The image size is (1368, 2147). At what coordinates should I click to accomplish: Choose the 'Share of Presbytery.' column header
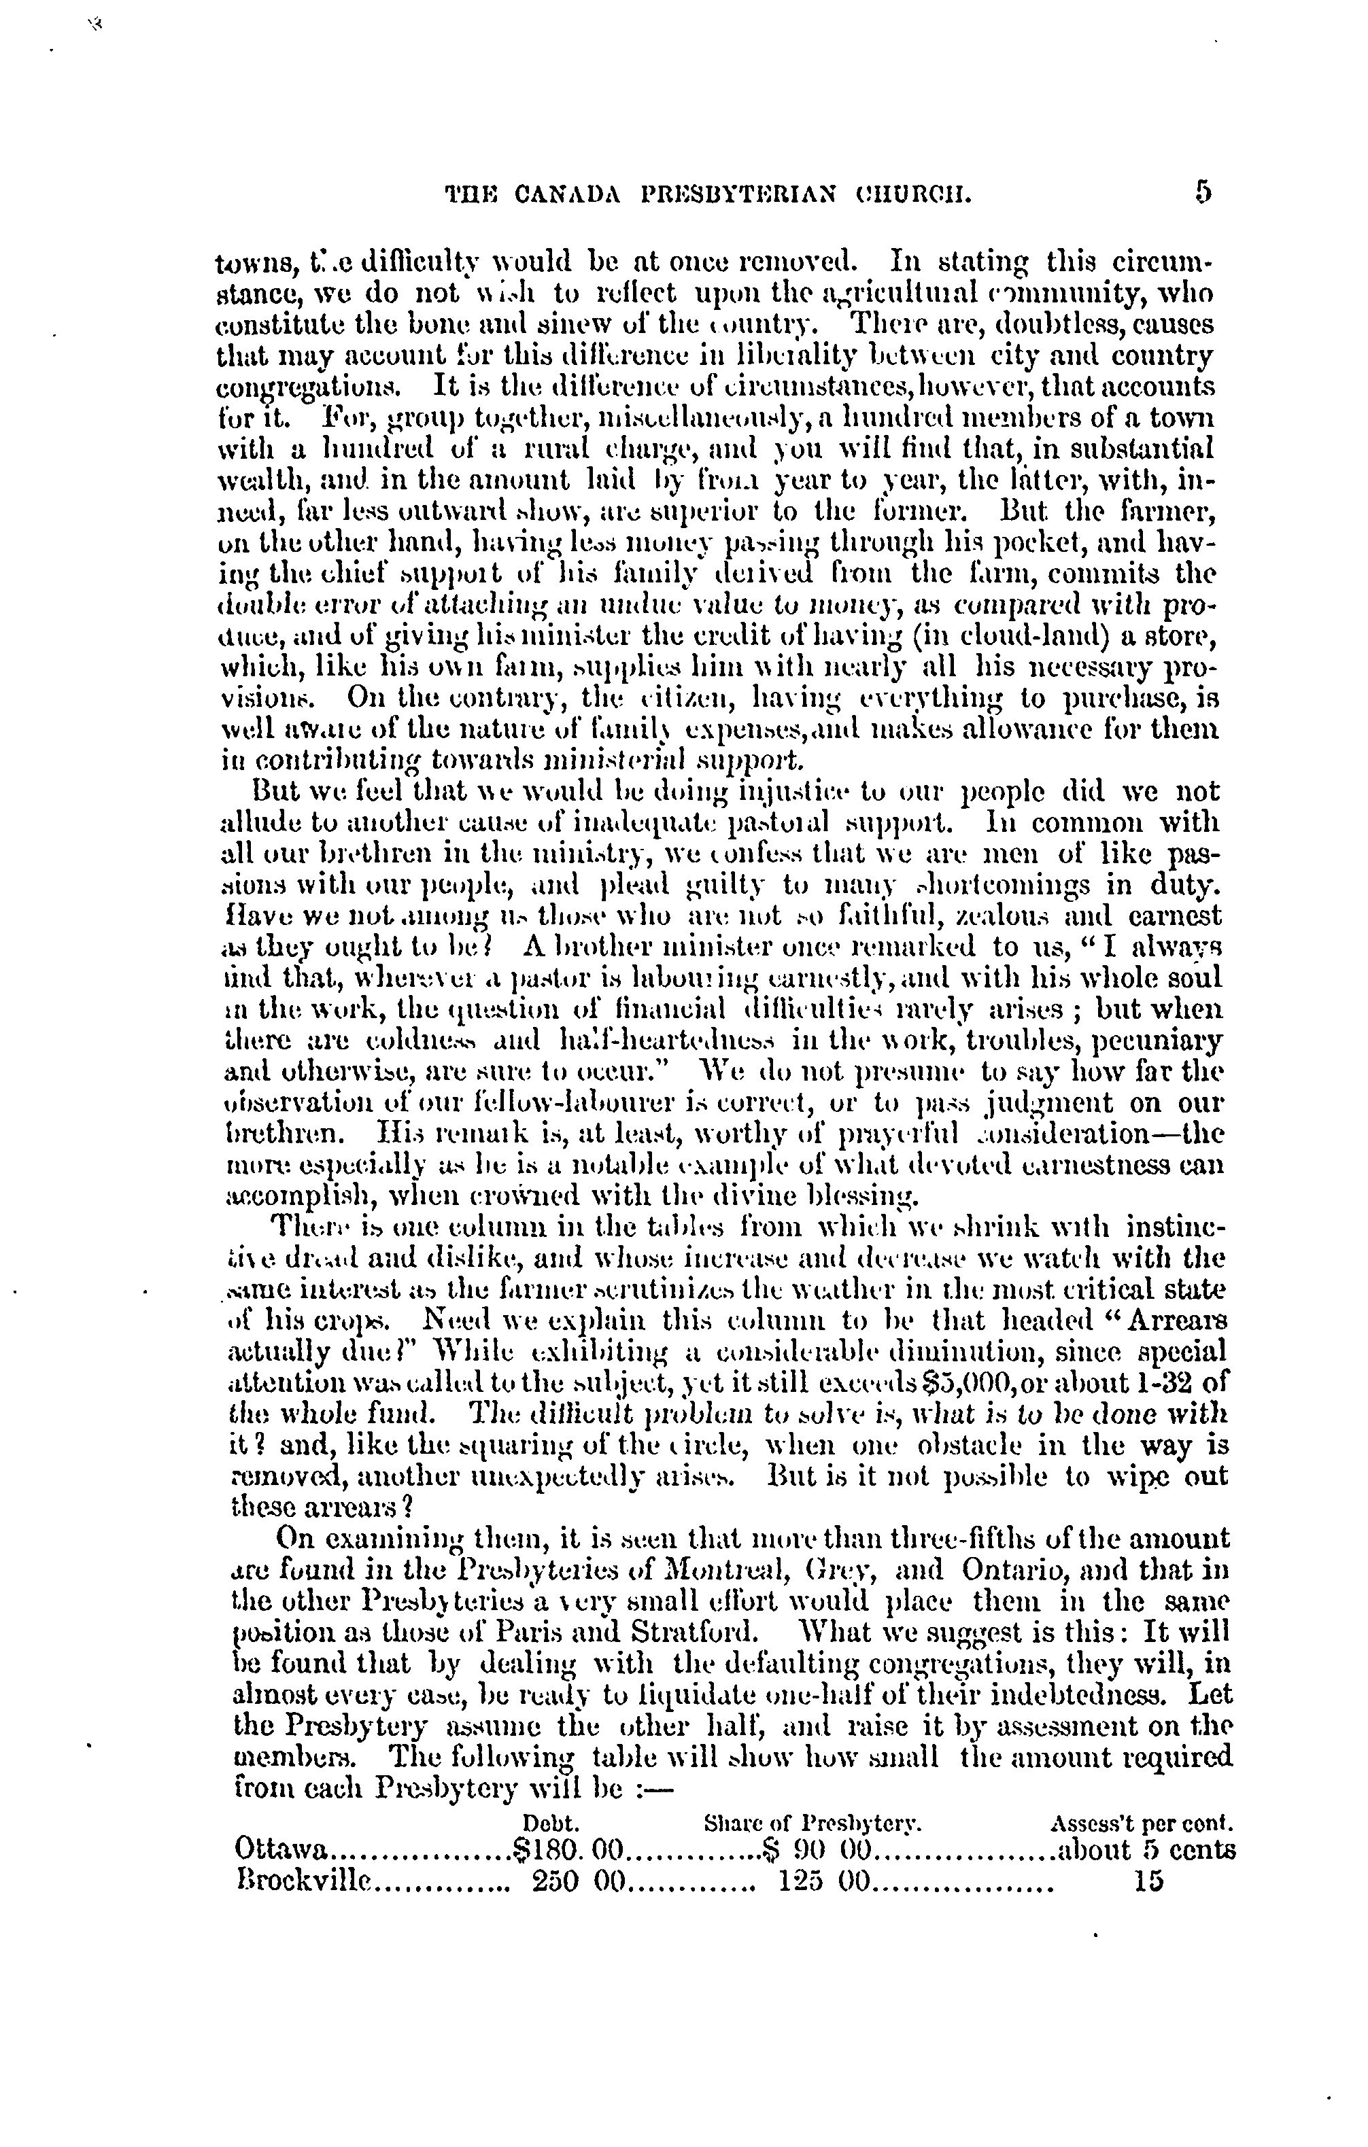tap(813, 1821)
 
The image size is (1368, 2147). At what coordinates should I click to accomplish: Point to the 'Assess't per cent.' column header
tap(1143, 1821)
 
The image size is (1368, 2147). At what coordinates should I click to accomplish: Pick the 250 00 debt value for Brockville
tap(581, 1881)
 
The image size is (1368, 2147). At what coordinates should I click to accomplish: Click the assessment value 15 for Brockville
tap(1148, 1881)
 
